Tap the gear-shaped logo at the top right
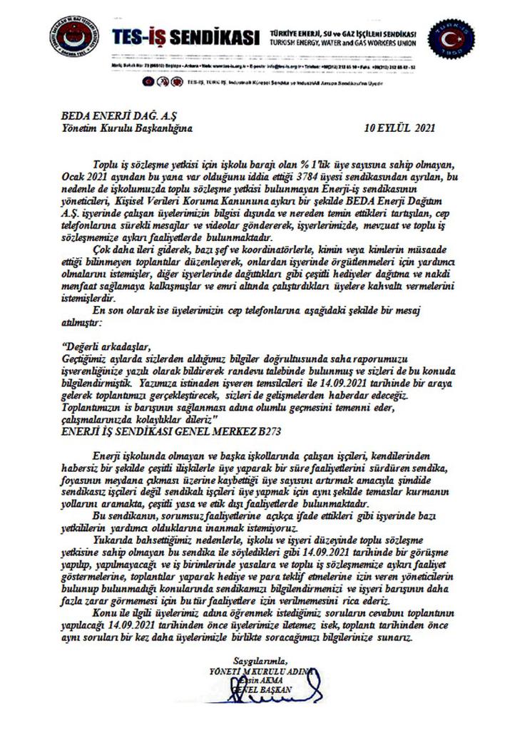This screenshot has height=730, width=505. (451, 42)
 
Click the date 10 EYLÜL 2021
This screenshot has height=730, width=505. (399, 130)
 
